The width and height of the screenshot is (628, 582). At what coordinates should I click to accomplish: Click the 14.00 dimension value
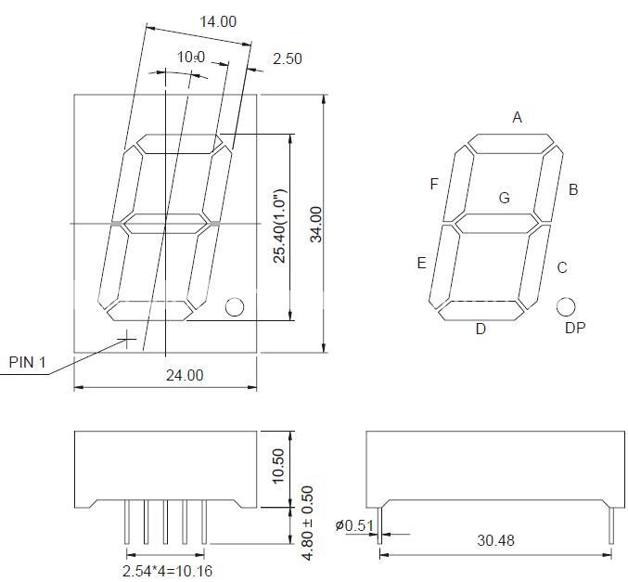coord(218,21)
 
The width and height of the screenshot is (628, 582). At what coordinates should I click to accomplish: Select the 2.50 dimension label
coord(287,58)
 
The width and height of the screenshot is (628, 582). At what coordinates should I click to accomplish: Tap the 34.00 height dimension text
coord(316,224)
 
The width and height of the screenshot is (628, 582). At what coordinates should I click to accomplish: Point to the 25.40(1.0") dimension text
coord(279,226)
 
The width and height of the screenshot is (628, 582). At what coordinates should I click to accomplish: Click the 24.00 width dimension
coord(184,375)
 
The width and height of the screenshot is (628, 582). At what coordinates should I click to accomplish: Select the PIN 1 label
coord(27,362)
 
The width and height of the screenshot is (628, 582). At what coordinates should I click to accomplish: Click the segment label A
coord(518,117)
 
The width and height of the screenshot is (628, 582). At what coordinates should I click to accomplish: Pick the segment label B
coord(573,189)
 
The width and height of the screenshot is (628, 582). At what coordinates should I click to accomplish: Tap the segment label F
coord(433,184)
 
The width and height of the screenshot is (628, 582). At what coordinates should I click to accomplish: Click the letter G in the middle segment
coord(505,198)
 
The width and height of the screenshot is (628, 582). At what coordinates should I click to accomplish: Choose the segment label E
coord(421,263)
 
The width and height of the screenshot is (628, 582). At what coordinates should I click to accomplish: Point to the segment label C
coord(562,268)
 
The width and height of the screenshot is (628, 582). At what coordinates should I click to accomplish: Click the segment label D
coord(481,329)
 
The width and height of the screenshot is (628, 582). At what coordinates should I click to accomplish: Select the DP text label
coord(574,328)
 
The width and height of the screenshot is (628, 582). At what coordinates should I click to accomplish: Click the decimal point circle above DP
coord(566,306)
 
